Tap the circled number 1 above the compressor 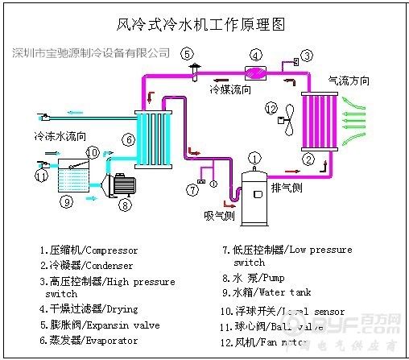coord(254,157)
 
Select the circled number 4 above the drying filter coord(255,56)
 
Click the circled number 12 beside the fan coord(271,108)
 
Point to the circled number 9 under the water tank coord(67,201)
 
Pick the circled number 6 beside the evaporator coord(127,140)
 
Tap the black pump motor coord(122,184)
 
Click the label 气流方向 coord(349,81)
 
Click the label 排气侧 coord(287,188)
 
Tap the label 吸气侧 coord(218,217)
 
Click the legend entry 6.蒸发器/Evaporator coord(89,341)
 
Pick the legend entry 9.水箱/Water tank coord(266,292)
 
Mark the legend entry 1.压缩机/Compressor coord(89,250)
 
